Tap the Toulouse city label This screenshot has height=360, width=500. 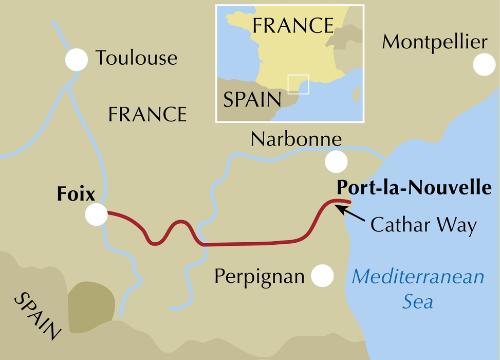click(136, 58)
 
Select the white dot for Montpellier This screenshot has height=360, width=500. click(484, 65)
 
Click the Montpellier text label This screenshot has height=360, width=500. click(434, 42)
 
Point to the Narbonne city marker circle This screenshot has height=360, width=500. click(336, 162)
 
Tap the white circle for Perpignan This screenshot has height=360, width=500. click(323, 276)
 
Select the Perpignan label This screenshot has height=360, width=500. click(259, 277)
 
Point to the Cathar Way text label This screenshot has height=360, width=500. click(423, 225)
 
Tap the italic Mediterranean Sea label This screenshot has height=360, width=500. click(417, 288)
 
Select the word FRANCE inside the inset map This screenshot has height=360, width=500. click(293, 25)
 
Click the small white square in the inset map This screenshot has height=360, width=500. click(299, 84)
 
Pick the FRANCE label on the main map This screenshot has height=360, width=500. click(147, 114)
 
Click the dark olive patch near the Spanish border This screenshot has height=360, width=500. click(91, 303)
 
